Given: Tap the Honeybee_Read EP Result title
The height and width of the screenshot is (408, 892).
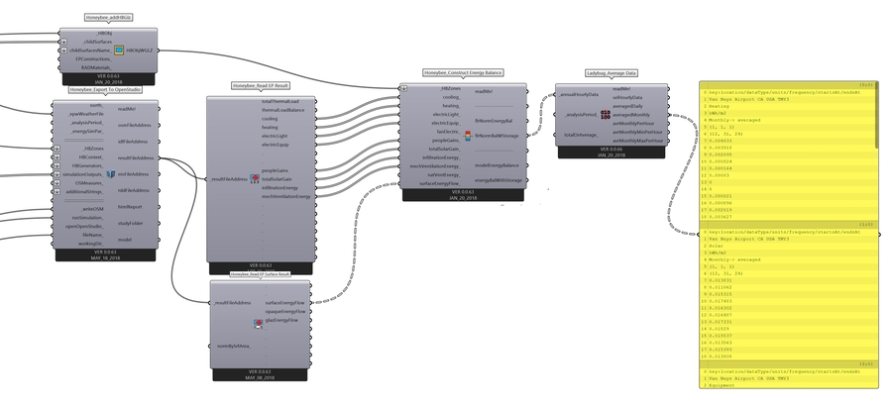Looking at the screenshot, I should tap(259, 86).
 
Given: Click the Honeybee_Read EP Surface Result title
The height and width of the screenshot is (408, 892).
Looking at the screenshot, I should tap(259, 272).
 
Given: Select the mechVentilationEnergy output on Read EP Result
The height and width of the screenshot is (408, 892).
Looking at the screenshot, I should tap(286, 196).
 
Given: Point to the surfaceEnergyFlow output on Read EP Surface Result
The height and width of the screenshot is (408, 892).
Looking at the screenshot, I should tap(285, 302).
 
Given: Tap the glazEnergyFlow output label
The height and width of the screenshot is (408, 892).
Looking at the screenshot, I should tap(282, 321).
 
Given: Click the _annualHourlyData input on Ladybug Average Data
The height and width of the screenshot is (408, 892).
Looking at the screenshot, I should tap(579, 95).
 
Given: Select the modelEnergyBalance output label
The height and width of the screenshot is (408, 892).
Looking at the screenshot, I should tap(498, 165).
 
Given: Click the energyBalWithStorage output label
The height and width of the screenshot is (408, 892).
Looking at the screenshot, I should tap(499, 180).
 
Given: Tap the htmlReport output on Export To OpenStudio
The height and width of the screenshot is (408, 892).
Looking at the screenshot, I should tap(130, 207).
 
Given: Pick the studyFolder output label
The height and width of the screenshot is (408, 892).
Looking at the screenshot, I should tap(130, 223).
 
